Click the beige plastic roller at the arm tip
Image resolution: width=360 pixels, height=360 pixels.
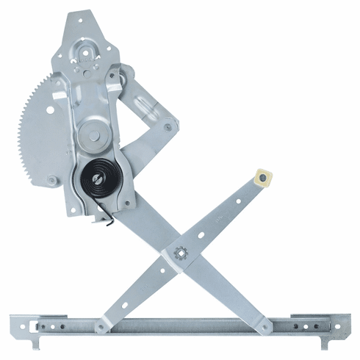(262, 179)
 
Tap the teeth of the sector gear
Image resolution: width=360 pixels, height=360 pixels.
(46, 118)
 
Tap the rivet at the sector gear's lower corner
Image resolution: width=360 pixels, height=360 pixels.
(51, 180)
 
